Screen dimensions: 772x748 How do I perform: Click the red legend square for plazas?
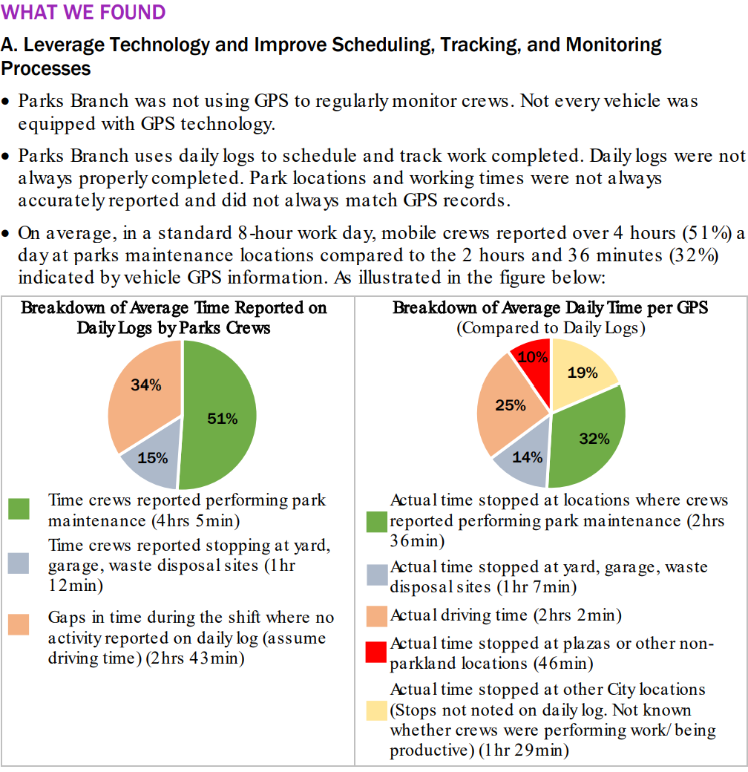pos(377,652)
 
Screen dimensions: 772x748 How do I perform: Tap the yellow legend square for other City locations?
pos(377,710)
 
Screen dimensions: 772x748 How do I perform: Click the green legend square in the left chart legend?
pos(19,509)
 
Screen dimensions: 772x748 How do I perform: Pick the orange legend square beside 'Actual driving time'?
pos(377,615)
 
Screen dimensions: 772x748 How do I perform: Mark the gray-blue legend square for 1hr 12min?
pos(19,563)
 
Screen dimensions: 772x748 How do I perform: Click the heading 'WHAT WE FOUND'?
pos(83,13)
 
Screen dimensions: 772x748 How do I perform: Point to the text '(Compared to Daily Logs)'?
pos(550,327)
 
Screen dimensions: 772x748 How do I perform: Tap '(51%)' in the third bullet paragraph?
pos(705,233)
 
